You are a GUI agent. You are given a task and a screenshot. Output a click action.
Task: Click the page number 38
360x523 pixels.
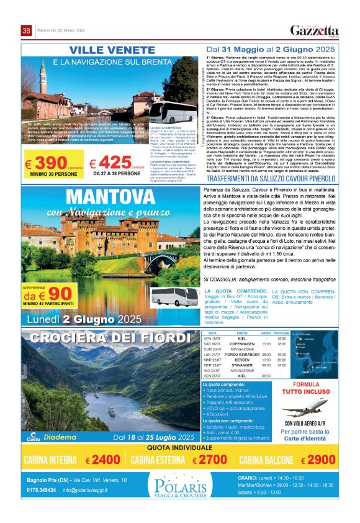pos(26,30)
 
